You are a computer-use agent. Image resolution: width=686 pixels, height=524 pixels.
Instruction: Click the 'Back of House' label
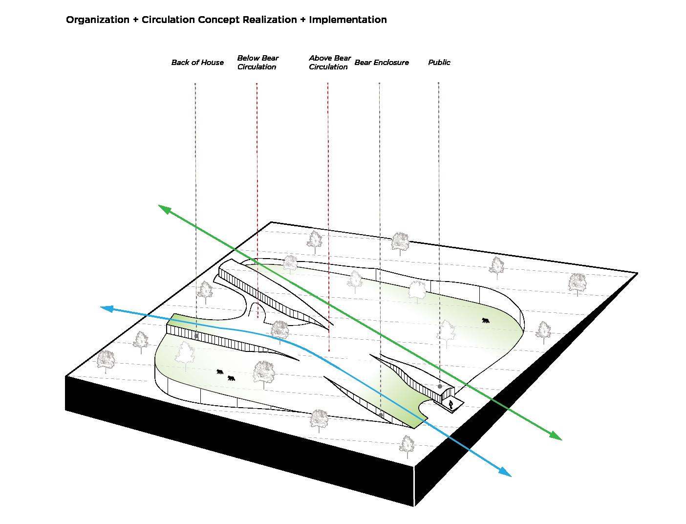[197, 63]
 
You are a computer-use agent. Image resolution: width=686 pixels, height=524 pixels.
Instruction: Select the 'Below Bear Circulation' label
[257, 63]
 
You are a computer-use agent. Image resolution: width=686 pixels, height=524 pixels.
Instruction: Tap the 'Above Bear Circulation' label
[329, 63]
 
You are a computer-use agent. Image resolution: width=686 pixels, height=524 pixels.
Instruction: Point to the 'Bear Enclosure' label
[381, 63]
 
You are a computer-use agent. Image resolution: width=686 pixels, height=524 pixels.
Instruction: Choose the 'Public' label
[439, 63]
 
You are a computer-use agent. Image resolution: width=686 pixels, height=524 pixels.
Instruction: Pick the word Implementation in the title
[347, 20]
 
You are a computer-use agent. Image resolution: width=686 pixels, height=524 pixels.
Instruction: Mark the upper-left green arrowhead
[164, 209]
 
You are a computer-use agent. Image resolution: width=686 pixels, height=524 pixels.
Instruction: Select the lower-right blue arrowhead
[505, 472]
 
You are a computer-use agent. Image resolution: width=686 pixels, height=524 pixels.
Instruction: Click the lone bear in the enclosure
[485, 321]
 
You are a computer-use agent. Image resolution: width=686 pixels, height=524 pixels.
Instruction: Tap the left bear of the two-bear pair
[220, 372]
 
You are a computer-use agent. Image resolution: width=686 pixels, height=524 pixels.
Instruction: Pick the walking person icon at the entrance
[451, 404]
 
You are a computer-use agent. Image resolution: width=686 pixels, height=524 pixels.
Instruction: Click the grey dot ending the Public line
[440, 387]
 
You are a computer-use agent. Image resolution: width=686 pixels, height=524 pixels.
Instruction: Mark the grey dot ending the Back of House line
[196, 336]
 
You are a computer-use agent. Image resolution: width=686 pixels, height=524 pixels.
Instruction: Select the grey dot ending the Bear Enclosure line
[381, 415]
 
